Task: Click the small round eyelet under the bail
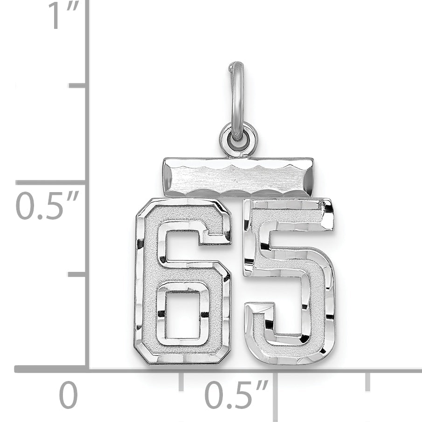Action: pos(238,139)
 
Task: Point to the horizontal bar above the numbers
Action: pos(238,177)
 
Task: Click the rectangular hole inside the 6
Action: pos(182,315)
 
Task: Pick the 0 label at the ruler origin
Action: pos(68,395)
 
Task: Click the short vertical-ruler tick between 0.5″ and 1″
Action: pos(77,85)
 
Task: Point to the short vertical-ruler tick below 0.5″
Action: pos(77,274)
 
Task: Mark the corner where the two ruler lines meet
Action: pos(87,369)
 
